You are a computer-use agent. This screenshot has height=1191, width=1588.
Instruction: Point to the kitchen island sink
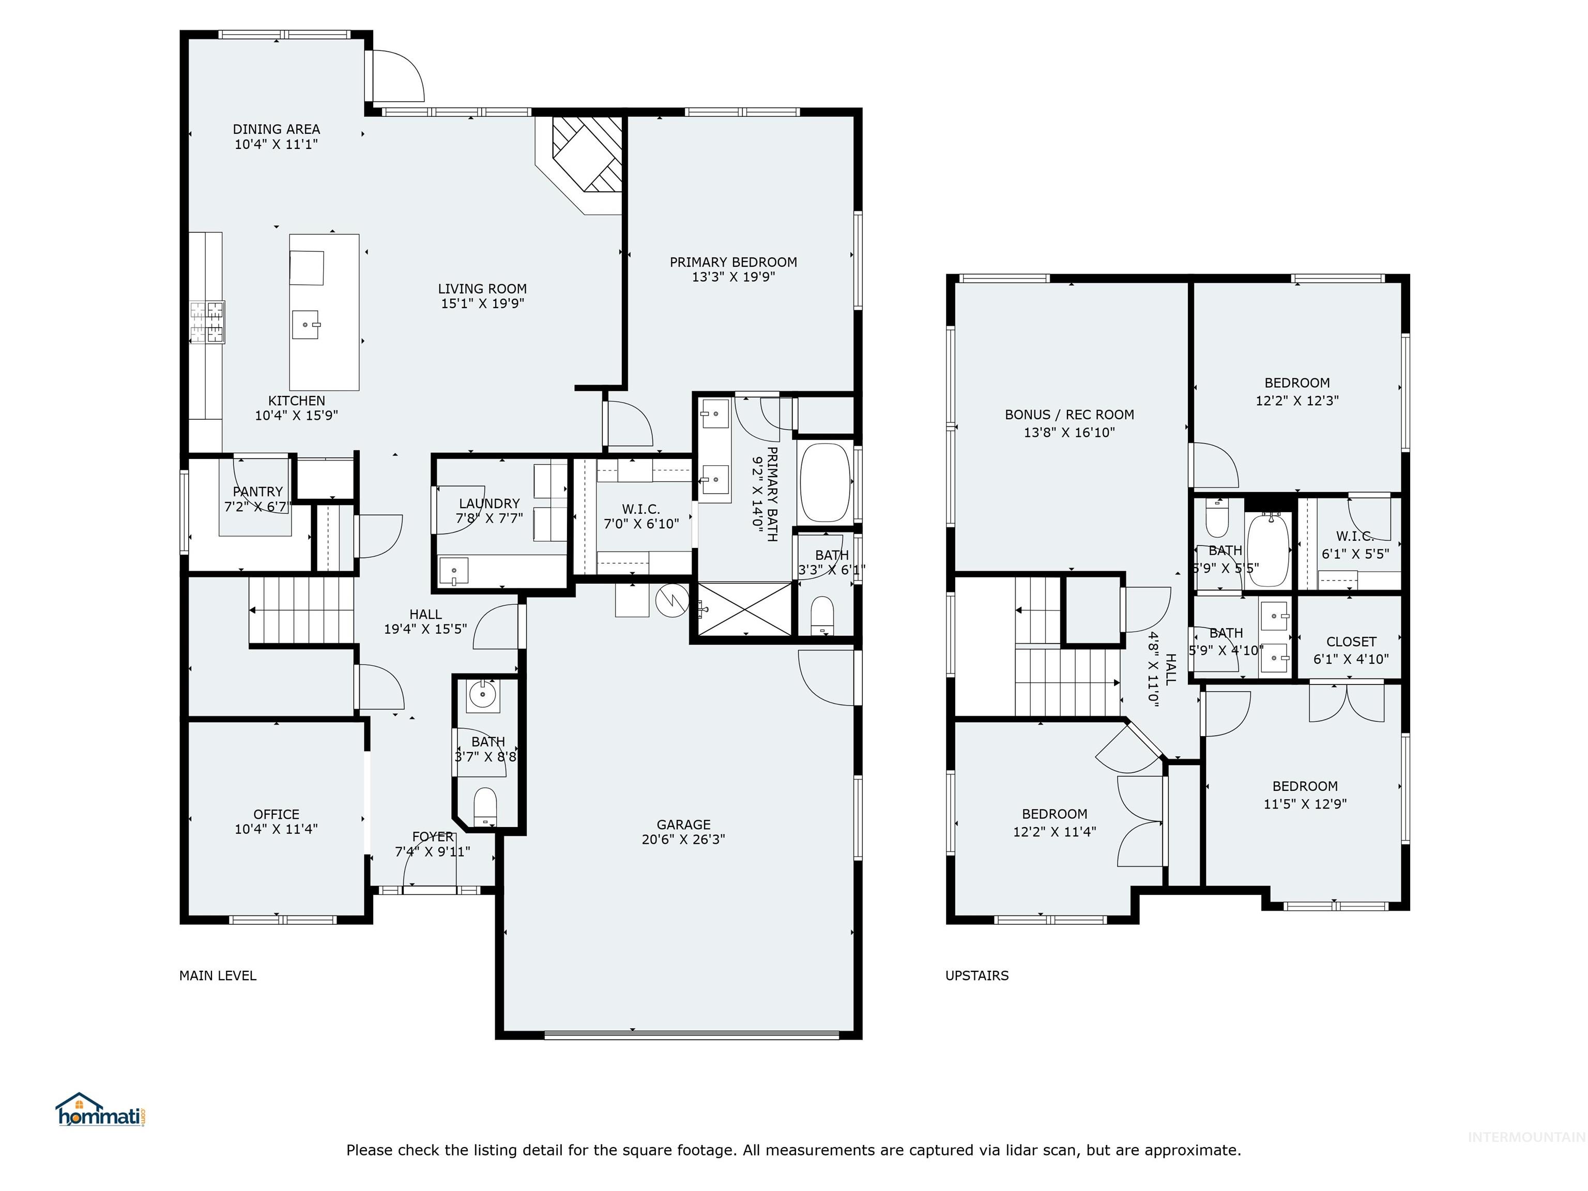click(307, 325)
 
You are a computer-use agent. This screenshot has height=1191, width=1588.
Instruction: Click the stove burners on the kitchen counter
click(207, 322)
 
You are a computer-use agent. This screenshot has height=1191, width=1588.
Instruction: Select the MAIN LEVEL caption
click(218, 975)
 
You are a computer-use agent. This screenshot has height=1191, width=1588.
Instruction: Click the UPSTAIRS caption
click(976, 975)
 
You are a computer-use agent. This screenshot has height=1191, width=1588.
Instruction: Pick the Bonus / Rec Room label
click(1069, 423)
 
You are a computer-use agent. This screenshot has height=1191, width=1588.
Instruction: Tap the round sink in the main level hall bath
click(482, 695)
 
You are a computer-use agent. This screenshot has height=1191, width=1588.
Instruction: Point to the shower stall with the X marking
click(745, 609)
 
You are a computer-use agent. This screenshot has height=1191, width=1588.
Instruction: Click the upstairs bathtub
click(1269, 551)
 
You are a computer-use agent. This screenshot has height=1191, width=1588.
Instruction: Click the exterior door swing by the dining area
click(397, 76)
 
